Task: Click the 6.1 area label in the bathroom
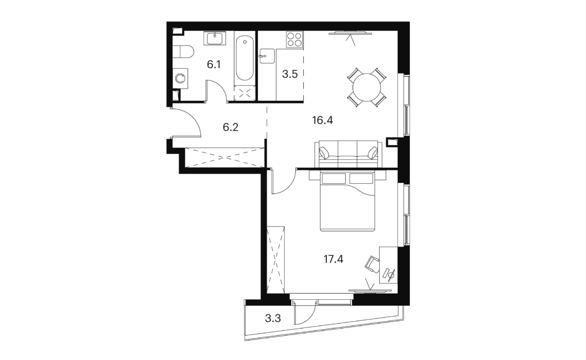pos(214,65)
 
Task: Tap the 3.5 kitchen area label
pos(290,74)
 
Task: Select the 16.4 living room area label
pos(323,120)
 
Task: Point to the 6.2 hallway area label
pos(230,128)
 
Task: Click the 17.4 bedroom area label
pos(333,259)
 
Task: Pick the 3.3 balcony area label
pos(273,319)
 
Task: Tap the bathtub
pos(244,58)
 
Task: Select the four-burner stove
pos(294,39)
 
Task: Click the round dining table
pos(367,87)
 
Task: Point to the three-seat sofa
pos(348,154)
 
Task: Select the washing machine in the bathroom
pos(180,79)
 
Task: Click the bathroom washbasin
pos(215,38)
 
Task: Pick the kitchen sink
pos(267,56)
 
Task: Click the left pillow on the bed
pos(334,179)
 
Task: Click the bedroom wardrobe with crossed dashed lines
pos(276,260)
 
